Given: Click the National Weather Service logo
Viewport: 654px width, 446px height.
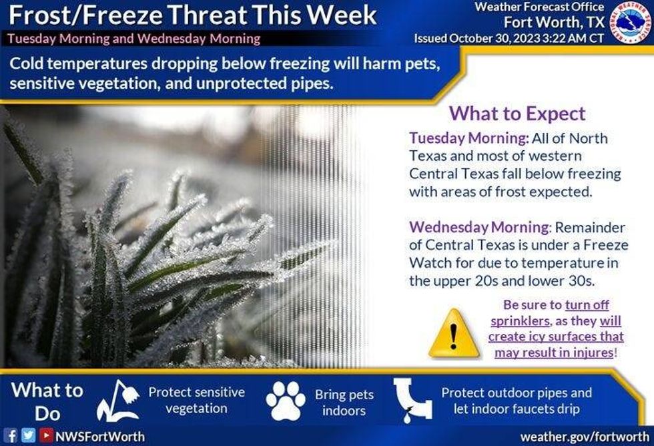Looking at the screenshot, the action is click(x=631, y=23).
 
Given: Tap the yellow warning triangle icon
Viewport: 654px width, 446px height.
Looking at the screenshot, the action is click(x=454, y=334).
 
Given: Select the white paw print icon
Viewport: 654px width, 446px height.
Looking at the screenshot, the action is click(x=286, y=401).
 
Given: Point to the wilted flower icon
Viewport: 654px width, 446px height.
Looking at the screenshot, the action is click(x=119, y=401).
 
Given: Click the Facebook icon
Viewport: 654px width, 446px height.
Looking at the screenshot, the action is click(x=12, y=436).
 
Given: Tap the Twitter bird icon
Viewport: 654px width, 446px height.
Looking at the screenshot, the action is click(x=28, y=436).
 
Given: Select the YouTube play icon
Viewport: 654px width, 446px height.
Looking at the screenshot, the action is click(x=46, y=436).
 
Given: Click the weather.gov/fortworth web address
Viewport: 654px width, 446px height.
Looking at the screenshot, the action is click(x=585, y=437).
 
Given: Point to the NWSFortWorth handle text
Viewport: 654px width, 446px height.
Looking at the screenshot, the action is click(x=100, y=437).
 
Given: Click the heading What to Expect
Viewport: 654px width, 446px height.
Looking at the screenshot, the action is click(x=517, y=114).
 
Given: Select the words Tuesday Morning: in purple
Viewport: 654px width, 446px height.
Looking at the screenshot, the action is click(x=469, y=138).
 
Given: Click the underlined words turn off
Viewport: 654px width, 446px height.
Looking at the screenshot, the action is click(x=587, y=305).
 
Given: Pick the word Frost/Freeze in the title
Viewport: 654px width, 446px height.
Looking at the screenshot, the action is click(x=85, y=15).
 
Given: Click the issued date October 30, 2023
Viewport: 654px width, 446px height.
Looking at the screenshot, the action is click(x=495, y=38).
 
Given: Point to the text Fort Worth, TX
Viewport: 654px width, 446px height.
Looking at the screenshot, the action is click(x=554, y=21).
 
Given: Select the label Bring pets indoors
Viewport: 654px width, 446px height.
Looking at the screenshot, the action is click(x=344, y=403).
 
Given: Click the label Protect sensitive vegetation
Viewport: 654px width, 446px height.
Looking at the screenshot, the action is click(x=196, y=400).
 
